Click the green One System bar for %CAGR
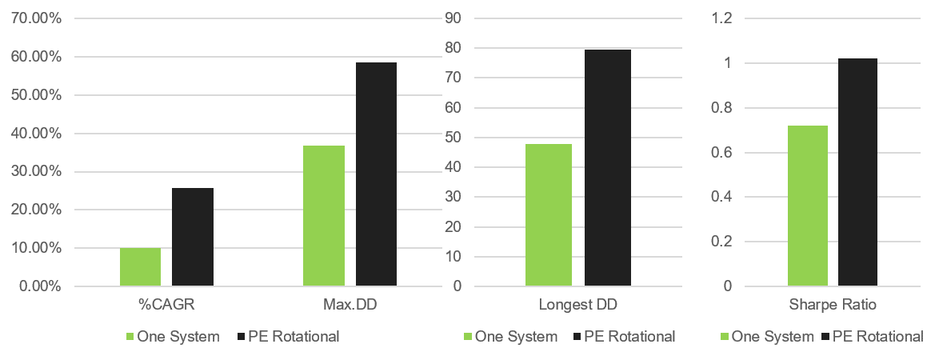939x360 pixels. click(140, 267)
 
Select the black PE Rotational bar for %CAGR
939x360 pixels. click(193, 237)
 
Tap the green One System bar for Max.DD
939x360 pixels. click(324, 216)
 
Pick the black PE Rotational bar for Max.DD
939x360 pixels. click(376, 174)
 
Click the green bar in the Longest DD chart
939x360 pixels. click(549, 215)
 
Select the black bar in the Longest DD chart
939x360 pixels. click(608, 168)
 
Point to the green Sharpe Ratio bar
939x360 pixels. click(808, 206)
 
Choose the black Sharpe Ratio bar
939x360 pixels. click(857, 172)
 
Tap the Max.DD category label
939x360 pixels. click(350, 305)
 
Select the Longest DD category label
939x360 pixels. click(578, 305)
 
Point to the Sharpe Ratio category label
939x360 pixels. click(833, 305)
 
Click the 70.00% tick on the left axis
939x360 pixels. click(37, 18)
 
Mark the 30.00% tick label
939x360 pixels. click(37, 171)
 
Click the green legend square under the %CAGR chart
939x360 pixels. click(130, 337)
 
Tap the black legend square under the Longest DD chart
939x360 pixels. click(577, 337)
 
